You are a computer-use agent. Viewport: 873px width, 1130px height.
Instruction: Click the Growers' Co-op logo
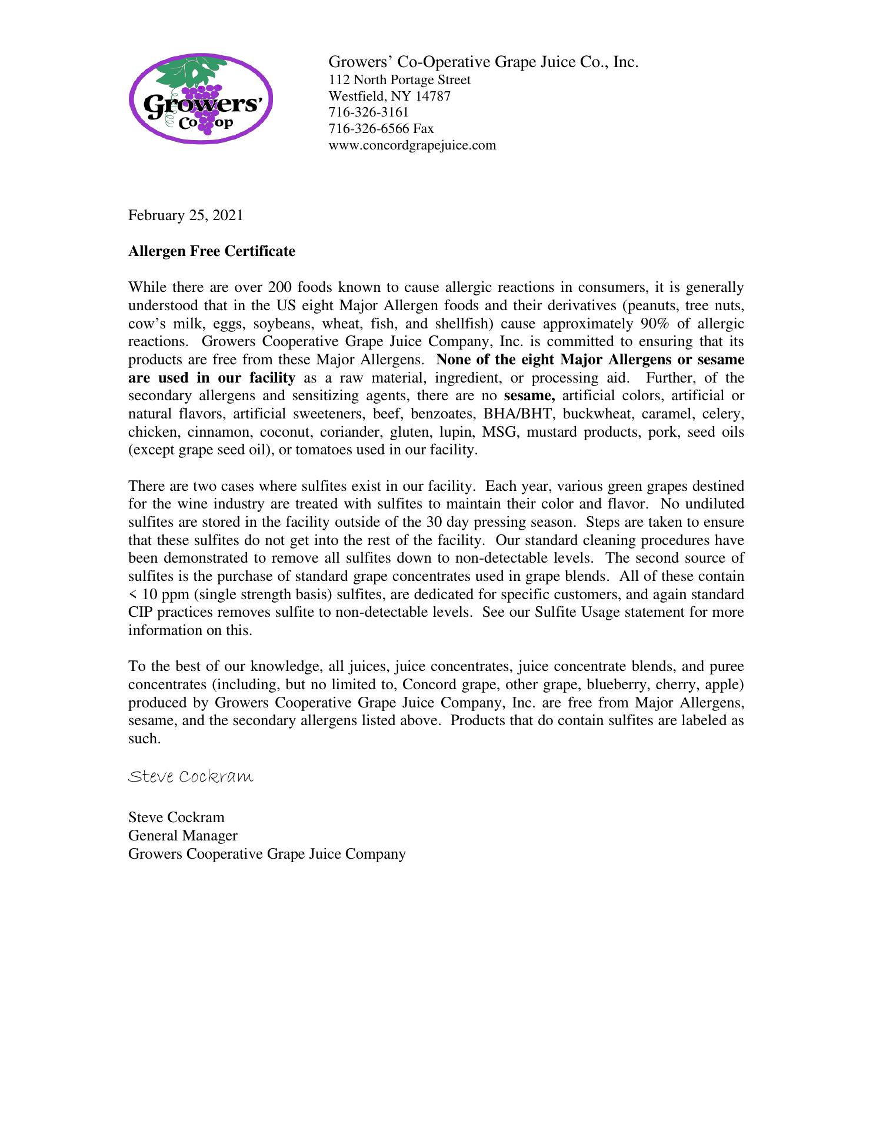pos(201,98)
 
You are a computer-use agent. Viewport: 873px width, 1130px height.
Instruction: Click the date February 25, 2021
pos(185,215)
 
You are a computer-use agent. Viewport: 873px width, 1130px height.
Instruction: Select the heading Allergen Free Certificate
pos(212,251)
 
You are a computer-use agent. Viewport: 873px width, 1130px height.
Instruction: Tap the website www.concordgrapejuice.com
pos(412,145)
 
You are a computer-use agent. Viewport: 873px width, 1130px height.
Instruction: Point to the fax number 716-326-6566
pos(369,129)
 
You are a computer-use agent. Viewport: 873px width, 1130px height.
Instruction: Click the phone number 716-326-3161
pos(368,112)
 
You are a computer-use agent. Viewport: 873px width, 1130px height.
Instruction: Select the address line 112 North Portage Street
pos(399,80)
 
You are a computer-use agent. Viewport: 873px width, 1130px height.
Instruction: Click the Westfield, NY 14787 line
pos(389,97)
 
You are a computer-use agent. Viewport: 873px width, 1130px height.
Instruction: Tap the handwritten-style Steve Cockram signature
pos(191,777)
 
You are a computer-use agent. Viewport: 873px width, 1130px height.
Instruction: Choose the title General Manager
pos(183,836)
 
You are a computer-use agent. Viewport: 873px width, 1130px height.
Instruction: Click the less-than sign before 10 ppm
pos(132,595)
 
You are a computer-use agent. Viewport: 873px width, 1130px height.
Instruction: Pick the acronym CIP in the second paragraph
pos(141,613)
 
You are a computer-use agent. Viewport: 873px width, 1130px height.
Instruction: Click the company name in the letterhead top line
pos(483,62)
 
